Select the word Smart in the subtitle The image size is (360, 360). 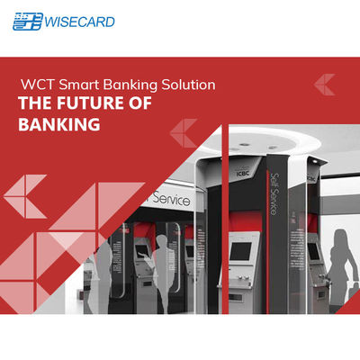pyautogui.click(x=76, y=85)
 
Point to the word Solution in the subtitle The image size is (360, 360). pyautogui.click(x=185, y=85)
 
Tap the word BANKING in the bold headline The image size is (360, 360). pyautogui.click(x=59, y=125)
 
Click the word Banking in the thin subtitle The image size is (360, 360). pyautogui.click(x=126, y=85)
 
